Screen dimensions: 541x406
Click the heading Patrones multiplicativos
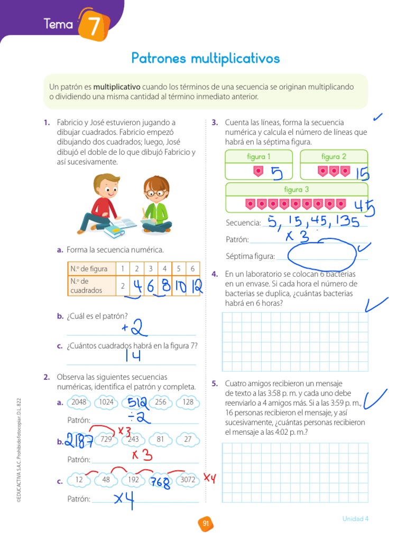pyautogui.click(x=205, y=58)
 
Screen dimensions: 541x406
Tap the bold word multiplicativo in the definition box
pyautogui.click(x=117, y=87)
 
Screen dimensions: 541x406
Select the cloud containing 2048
pyautogui.click(x=78, y=402)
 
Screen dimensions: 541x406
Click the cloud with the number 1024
pyautogui.click(x=107, y=402)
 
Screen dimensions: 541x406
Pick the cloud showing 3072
pyautogui.click(x=188, y=480)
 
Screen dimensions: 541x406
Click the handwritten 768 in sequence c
pyautogui.click(x=160, y=482)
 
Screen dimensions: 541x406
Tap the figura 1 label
pyautogui.click(x=259, y=156)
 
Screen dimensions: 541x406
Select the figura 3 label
pyautogui.click(x=296, y=190)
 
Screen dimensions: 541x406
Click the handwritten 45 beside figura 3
pyautogui.click(x=364, y=207)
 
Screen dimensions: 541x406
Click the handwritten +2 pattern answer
pyautogui.click(x=132, y=329)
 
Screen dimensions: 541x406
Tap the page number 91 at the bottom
pyautogui.click(x=205, y=524)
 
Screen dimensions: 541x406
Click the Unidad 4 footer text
pyautogui.click(x=355, y=518)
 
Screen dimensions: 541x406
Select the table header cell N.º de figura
pyautogui.click(x=89, y=268)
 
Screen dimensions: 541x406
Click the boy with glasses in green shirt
pyautogui.click(x=155, y=206)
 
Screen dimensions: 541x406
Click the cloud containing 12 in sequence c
pyautogui.click(x=79, y=480)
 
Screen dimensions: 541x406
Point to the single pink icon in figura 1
pyautogui.click(x=258, y=171)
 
